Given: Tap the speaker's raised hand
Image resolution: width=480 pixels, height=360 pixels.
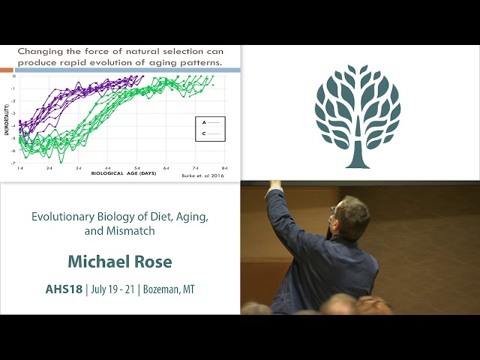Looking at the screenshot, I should (x=274, y=184).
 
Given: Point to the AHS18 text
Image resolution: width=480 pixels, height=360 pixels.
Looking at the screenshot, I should (x=63, y=289).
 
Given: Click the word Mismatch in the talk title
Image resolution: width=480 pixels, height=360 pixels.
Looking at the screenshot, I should (x=120, y=231).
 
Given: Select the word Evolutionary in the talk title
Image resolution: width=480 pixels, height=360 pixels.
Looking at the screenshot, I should (x=61, y=217).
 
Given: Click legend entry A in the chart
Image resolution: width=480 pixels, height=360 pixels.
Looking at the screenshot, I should (x=204, y=121).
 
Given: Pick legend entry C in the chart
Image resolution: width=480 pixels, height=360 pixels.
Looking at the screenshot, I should (x=204, y=133).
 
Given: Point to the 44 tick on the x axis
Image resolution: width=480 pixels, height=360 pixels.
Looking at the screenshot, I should (x=108, y=168).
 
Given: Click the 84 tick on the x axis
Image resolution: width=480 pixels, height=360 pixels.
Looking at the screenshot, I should (x=224, y=168).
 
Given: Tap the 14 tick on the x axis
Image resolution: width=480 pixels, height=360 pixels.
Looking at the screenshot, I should (x=20, y=168).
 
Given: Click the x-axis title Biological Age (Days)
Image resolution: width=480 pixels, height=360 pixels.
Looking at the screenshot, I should (x=124, y=174).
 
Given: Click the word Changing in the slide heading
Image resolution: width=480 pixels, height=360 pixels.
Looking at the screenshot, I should (x=39, y=51).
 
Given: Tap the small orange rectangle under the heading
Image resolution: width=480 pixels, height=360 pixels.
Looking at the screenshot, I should (x=7, y=70).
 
